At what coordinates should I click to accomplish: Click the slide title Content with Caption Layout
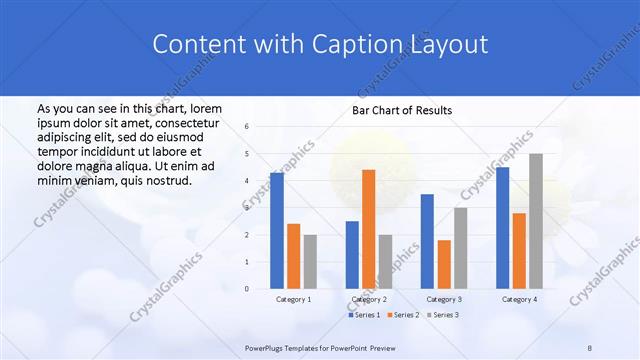click(320, 44)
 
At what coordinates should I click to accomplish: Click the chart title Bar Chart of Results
click(400, 110)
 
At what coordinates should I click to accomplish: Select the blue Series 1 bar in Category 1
click(277, 230)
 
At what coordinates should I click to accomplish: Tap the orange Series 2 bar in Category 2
click(369, 229)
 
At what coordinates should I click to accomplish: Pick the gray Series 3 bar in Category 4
click(536, 221)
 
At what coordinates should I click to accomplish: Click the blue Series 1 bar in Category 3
click(427, 241)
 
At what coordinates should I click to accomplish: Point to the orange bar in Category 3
click(444, 264)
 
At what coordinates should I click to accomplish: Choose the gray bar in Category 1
click(310, 261)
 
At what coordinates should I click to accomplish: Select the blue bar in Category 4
click(502, 227)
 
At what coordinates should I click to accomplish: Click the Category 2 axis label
click(369, 299)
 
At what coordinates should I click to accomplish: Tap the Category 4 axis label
click(519, 299)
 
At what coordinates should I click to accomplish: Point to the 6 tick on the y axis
click(247, 127)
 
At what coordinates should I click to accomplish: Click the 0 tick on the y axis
click(247, 288)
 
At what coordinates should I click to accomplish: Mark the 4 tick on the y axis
click(247, 181)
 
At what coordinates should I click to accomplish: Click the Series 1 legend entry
click(366, 315)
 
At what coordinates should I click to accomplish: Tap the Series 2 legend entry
click(404, 315)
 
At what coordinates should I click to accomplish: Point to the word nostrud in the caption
click(166, 180)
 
